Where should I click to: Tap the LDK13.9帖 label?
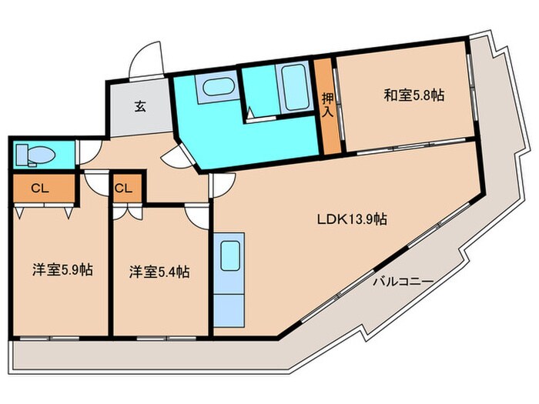[x=352, y=219]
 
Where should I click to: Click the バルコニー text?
[x=403, y=281]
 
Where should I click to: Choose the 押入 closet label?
[x=327, y=105]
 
